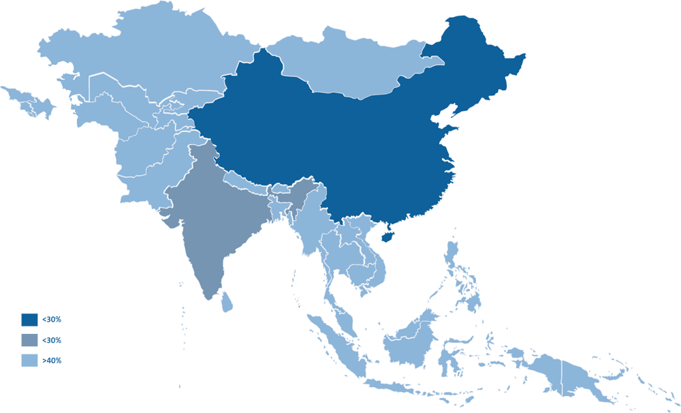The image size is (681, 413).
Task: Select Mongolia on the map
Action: [347, 65]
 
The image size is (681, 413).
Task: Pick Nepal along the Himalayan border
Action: [245, 181]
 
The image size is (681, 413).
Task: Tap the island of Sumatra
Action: [337, 344]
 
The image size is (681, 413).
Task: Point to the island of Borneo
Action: [409, 341]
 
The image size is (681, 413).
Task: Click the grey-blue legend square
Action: [31, 340]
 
